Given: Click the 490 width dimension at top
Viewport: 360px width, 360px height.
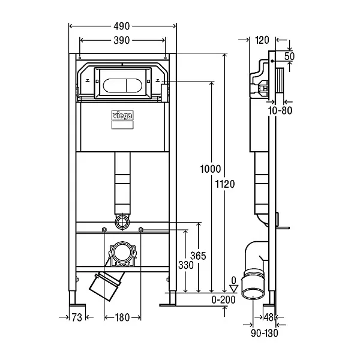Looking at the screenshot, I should (122, 26).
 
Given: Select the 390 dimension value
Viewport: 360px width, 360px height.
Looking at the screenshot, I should (122, 40).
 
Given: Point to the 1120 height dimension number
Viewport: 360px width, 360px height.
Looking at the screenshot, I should (226, 184).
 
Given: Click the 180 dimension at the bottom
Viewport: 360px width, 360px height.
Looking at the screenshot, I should (122, 317).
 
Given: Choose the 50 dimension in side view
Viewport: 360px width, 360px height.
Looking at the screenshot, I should (290, 56).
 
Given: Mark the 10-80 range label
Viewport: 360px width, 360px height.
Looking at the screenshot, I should (280, 110).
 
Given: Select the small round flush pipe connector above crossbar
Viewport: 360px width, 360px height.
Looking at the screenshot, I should (122, 221).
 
